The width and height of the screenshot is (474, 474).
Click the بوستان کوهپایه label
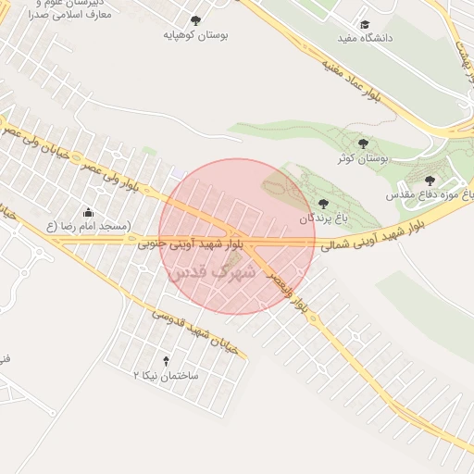pyautogui.click(x=195, y=35)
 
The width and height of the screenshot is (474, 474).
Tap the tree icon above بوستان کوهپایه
pyautogui.click(x=195, y=19)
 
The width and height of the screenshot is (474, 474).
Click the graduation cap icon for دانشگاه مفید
pyautogui.click(x=365, y=23)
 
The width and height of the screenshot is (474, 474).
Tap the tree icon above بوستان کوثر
pyautogui.click(x=363, y=143)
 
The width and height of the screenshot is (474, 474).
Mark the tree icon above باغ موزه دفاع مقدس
pyautogui.click(x=430, y=181)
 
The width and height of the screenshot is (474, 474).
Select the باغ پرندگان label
pyautogui.click(x=321, y=219)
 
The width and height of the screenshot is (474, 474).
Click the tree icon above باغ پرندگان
pyautogui.click(x=322, y=204)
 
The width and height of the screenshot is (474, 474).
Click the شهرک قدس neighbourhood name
pyautogui.click(x=212, y=273)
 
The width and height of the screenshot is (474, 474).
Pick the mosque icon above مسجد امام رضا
pyautogui.click(x=88, y=212)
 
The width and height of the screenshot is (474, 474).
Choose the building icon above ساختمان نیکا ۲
pyautogui.click(x=167, y=360)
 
